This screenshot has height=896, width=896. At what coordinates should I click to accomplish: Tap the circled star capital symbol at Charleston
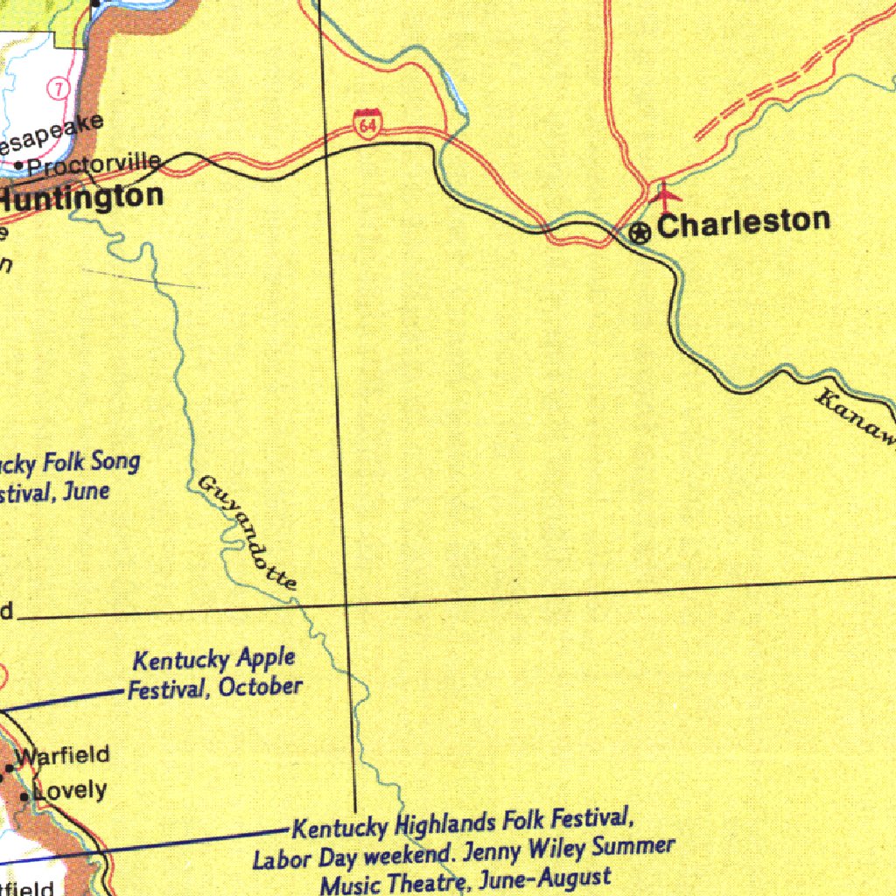tap(640, 233)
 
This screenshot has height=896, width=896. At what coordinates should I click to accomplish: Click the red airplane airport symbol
tap(665, 192)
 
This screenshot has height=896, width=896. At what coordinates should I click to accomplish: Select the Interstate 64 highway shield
tap(367, 124)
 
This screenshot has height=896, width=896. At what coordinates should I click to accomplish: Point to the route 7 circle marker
tap(59, 89)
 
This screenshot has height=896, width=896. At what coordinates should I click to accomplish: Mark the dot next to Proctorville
tap(19, 164)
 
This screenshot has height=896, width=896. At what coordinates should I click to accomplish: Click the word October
tap(260, 687)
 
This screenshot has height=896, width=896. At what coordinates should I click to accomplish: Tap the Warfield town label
tap(63, 755)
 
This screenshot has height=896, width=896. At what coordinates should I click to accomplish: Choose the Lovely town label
tap(70, 791)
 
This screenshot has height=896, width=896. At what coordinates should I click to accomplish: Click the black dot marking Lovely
tap(24, 797)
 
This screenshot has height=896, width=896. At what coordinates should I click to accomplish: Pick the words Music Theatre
tap(385, 883)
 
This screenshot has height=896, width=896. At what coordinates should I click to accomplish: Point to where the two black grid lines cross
tap(346, 603)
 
